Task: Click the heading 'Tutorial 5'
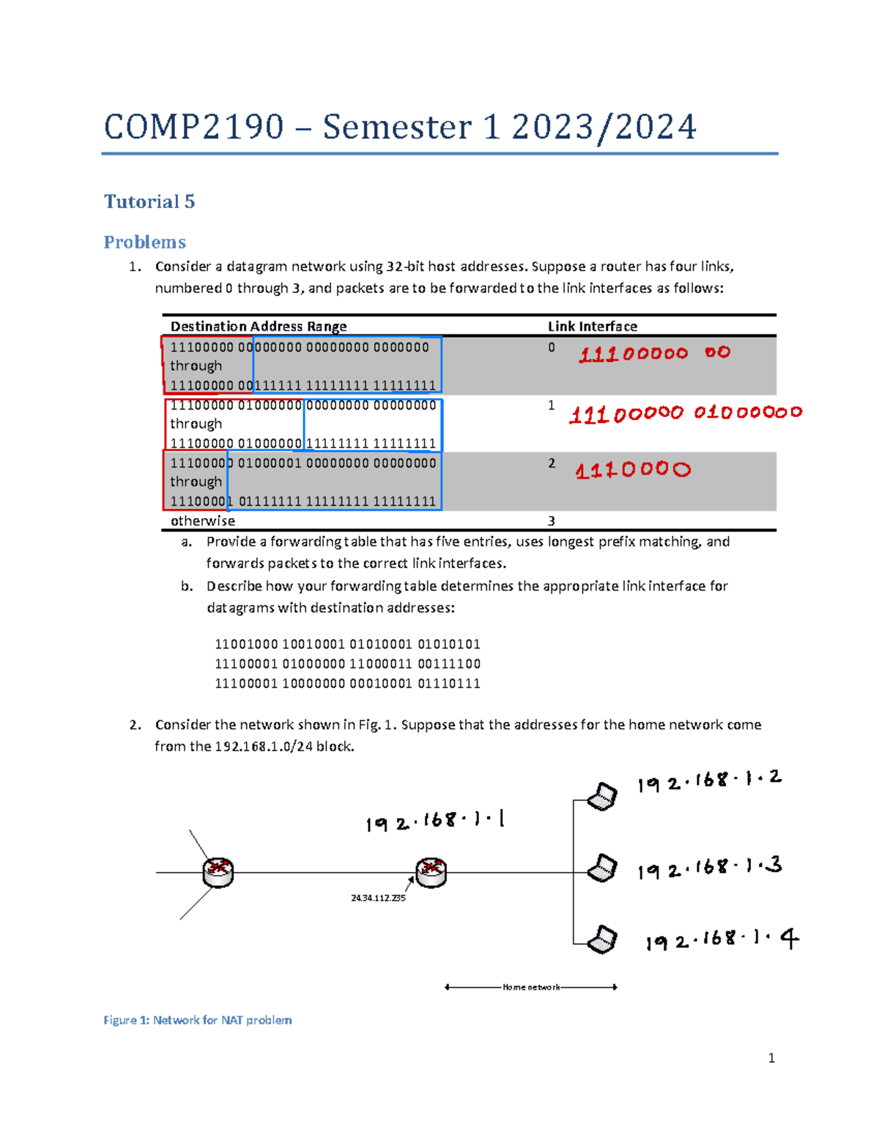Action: coord(149,202)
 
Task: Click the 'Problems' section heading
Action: coord(144,242)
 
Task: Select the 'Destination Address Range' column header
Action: coord(259,326)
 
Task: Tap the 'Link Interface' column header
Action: coord(592,326)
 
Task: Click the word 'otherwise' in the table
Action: coord(203,521)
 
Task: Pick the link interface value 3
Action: coord(552,521)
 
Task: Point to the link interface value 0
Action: coord(552,347)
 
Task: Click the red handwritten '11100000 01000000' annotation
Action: coord(686,414)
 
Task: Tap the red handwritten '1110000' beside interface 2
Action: coord(633,470)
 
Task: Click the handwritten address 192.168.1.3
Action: coord(709,868)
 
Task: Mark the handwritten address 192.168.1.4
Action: coord(722,940)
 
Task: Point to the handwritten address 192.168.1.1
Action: coord(435,821)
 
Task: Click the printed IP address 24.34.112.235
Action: coord(378,898)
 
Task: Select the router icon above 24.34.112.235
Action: coord(431,872)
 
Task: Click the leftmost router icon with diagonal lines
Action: coord(218,872)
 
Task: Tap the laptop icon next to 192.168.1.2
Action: coord(603,797)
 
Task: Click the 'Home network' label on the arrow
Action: coord(531,987)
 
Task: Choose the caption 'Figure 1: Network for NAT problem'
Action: coord(198,1020)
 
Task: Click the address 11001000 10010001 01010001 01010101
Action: coord(347,645)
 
